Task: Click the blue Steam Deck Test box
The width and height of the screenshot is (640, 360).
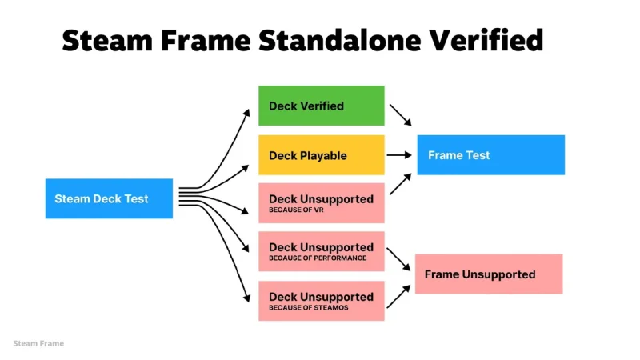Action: pos(109,198)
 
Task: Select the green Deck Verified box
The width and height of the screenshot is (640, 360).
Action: pos(321,106)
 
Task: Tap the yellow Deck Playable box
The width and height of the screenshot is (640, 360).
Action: pos(321,155)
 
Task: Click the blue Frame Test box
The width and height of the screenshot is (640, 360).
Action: pos(490,155)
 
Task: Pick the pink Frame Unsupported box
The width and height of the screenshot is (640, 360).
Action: pos(489,274)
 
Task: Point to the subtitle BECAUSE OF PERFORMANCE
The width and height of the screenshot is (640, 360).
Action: pos(318,258)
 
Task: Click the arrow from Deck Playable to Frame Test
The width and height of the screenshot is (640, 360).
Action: pos(399,155)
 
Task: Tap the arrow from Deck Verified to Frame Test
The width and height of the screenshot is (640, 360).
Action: pos(400,114)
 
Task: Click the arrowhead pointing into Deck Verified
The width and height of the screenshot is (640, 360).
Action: pos(247,112)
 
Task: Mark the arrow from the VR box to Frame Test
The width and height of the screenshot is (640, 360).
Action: pos(400,185)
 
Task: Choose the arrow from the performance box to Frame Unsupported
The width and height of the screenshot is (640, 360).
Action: pos(399,258)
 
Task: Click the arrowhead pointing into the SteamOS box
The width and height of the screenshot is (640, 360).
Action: pos(247,299)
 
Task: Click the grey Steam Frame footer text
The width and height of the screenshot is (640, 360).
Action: pos(38,343)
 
